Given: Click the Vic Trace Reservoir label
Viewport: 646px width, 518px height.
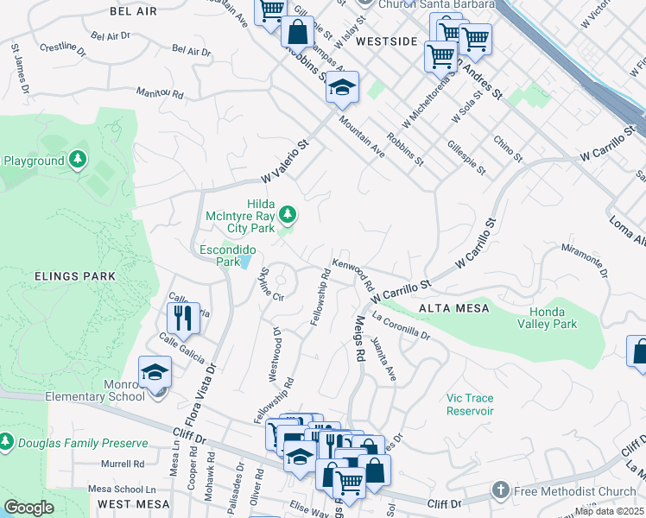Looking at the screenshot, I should (469, 404).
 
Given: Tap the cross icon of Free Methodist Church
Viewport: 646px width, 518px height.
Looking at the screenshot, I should (499, 490).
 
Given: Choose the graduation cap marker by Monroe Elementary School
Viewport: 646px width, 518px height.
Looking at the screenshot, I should (155, 372).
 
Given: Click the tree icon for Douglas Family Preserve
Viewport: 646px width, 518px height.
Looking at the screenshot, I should (6, 442).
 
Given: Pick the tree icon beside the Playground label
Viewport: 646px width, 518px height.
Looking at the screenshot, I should (78, 160).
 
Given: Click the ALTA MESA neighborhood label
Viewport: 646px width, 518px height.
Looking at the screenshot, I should (453, 308).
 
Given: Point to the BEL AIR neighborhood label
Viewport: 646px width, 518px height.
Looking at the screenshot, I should (135, 11).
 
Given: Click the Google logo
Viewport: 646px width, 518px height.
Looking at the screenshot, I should (28, 508).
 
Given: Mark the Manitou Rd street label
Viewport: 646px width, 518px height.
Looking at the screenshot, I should (160, 92).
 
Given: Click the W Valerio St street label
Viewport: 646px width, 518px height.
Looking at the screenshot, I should (285, 163).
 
